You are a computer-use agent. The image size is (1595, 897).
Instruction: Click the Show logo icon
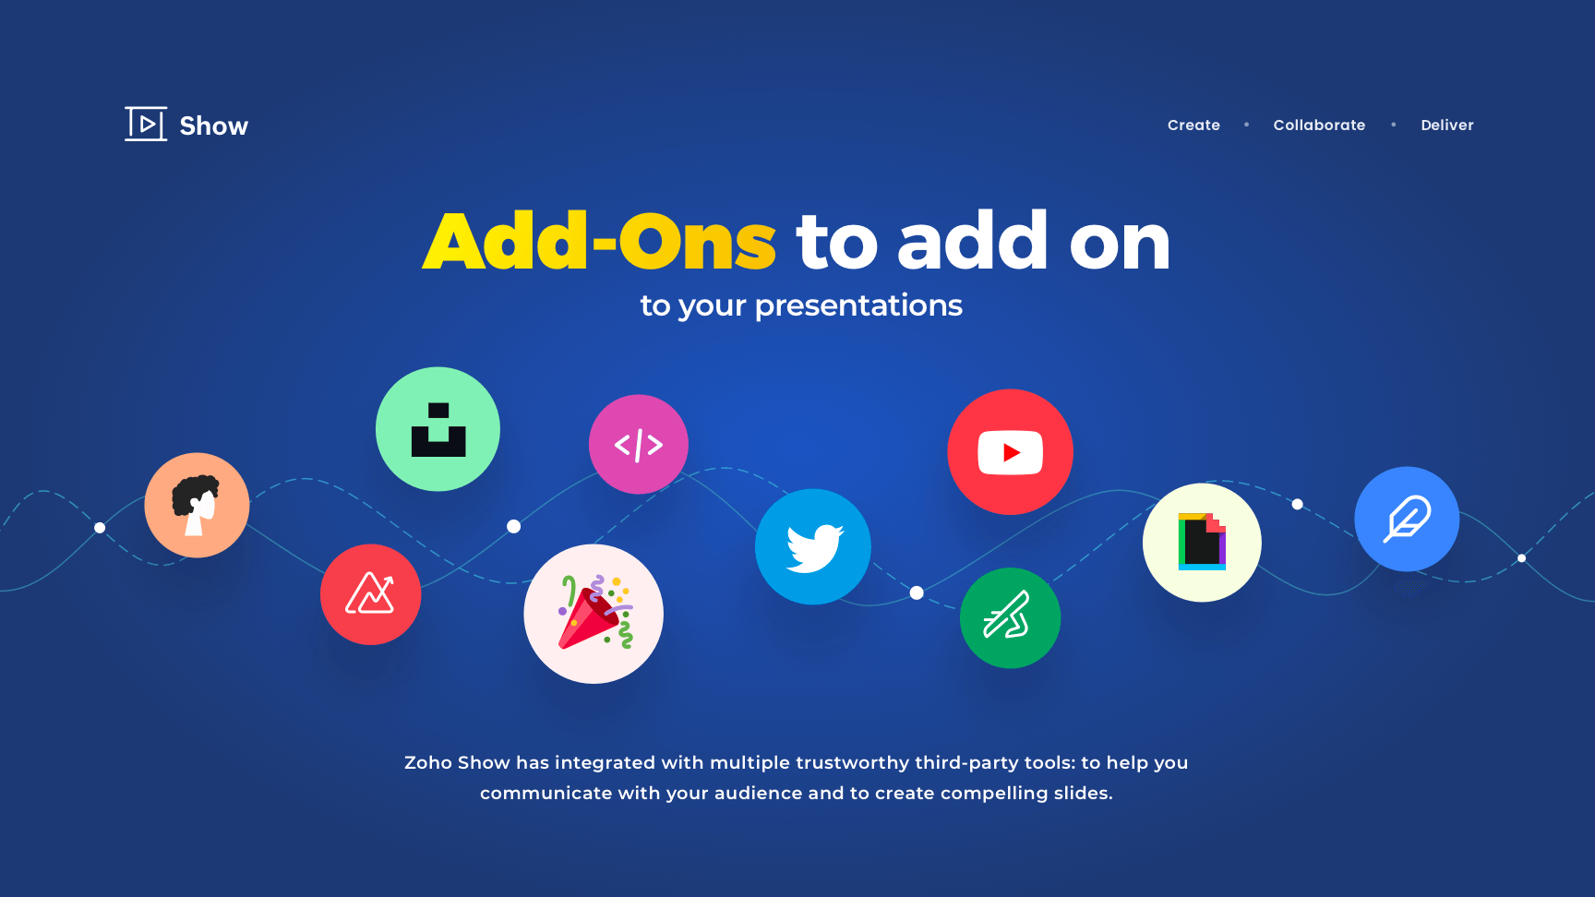146,124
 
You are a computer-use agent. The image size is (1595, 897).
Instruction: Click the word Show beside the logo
214,126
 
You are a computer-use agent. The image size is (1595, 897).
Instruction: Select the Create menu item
1193,125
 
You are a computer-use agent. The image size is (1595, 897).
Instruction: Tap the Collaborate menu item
1319,125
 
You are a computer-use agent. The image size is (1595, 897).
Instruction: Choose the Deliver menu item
1447,125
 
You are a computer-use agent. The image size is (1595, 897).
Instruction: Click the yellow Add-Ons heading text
599,242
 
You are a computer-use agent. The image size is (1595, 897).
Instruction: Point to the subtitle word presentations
858,305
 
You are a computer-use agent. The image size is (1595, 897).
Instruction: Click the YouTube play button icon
1010,452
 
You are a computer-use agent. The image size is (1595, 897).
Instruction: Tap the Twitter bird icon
813,547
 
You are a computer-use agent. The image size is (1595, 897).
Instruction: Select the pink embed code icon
639,445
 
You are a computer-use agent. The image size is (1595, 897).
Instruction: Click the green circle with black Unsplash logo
438,429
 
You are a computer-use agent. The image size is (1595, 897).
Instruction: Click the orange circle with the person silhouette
197,505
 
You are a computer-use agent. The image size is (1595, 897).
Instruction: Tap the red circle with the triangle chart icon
370,594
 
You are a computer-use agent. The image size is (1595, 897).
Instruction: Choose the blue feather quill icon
1407,519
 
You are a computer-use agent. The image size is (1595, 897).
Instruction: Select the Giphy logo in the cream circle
1202,543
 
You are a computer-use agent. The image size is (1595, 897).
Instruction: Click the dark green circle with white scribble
1010,617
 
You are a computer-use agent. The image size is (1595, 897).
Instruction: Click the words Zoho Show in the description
457,763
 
